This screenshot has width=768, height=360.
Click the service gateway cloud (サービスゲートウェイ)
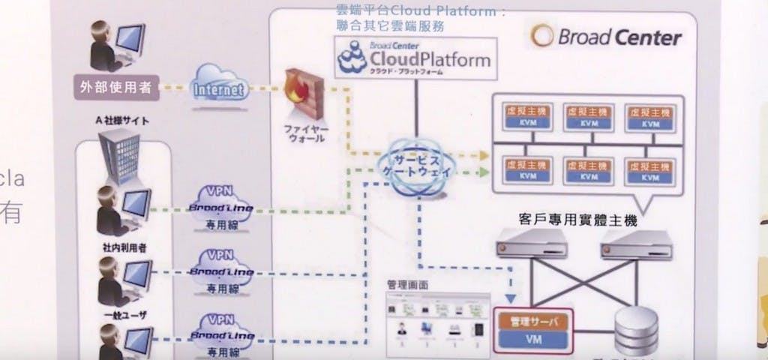[x=414, y=166]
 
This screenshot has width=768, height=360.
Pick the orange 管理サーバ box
[x=532, y=321]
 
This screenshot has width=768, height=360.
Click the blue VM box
[x=532, y=341]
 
